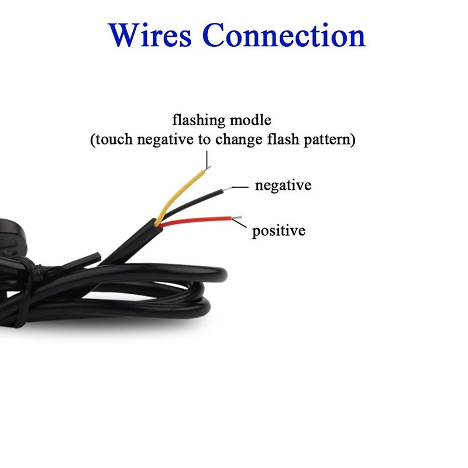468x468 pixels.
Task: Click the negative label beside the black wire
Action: coord(283,186)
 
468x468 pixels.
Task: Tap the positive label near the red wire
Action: coord(278,230)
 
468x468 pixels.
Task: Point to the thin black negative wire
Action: coord(193,200)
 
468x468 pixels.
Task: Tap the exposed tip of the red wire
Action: coord(237,218)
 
